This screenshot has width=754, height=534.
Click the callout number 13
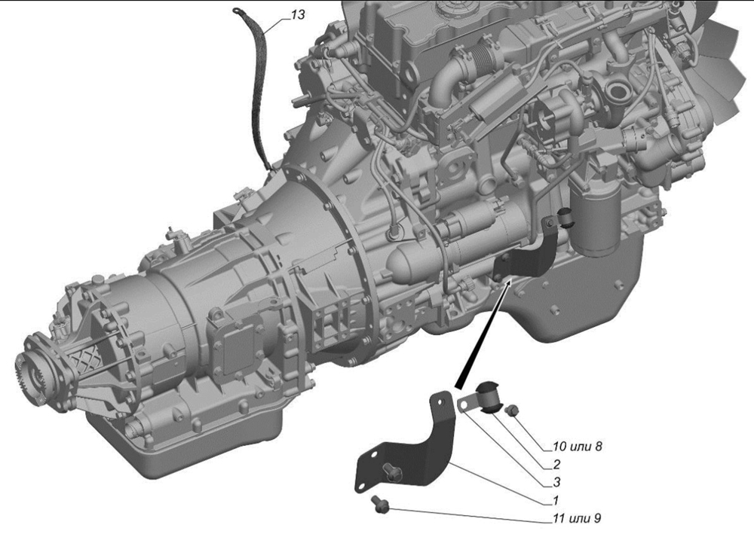(298, 15)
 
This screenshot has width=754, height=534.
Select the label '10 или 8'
(577, 447)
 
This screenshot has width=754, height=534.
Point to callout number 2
(556, 464)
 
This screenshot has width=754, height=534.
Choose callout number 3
(556, 481)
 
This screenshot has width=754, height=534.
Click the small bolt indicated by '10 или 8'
(512, 410)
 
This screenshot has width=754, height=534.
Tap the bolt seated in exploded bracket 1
(391, 471)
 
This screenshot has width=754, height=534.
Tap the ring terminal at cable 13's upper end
(238, 11)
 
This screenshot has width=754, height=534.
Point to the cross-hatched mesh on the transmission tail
(73, 367)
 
